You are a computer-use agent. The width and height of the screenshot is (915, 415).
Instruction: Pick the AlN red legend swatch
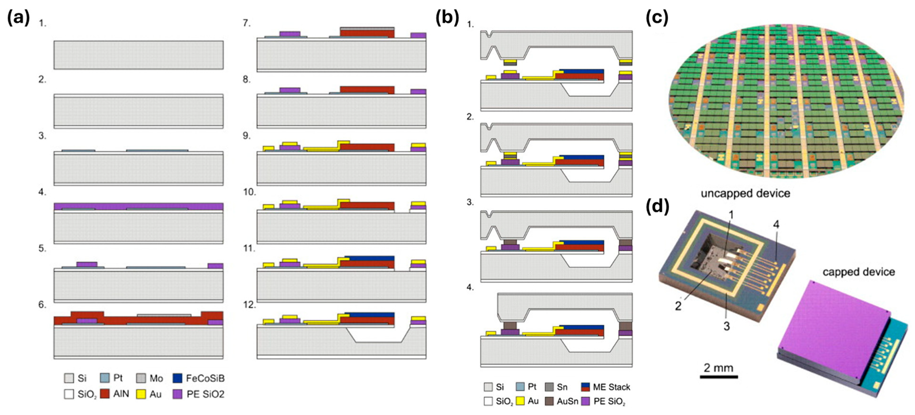pos(105,394)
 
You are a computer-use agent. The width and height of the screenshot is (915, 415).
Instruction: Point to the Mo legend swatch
pos(141,378)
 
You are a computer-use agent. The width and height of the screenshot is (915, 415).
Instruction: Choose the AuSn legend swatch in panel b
pos(549,401)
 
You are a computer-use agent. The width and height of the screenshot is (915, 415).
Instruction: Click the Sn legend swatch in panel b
pos(549,387)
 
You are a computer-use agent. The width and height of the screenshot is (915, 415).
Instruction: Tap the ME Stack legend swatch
pos(586,387)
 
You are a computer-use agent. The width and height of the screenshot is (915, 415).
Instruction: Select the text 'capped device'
pos(859,272)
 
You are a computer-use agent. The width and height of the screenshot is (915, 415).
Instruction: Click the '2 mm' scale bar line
pos(719,377)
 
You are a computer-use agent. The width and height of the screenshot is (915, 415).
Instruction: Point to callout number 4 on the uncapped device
pos(776,225)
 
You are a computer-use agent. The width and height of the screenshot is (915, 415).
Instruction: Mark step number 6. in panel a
pos(43,305)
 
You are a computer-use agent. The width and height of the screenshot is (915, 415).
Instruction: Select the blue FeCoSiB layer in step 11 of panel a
pos(370,258)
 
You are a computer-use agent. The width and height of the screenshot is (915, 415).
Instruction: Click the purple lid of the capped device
pos(831,334)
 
